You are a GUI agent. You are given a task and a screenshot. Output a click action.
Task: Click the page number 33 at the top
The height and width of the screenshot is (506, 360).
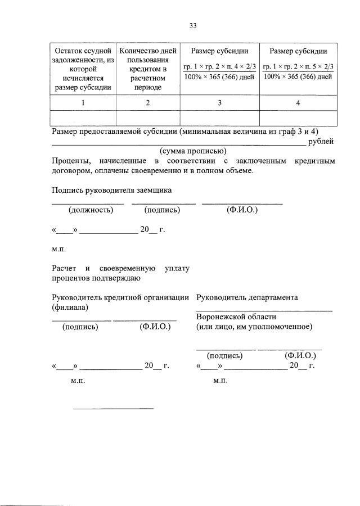click(x=192, y=26)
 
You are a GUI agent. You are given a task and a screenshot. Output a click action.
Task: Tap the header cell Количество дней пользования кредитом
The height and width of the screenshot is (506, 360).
click(x=148, y=69)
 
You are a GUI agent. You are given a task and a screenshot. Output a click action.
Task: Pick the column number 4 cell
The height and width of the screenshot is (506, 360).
click(x=298, y=103)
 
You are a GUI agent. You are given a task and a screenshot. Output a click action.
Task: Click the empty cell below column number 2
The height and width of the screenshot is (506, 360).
click(x=148, y=118)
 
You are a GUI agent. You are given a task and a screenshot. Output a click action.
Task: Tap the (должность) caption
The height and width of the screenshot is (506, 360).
click(x=91, y=210)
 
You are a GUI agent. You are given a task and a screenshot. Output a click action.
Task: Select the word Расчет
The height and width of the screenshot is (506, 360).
click(x=64, y=268)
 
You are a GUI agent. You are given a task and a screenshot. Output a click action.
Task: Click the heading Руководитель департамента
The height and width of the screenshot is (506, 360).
click(x=247, y=297)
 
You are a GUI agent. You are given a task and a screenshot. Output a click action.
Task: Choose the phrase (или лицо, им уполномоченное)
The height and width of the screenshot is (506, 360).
click(x=254, y=327)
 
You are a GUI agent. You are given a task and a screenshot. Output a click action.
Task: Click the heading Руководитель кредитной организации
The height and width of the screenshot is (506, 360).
click(x=120, y=297)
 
